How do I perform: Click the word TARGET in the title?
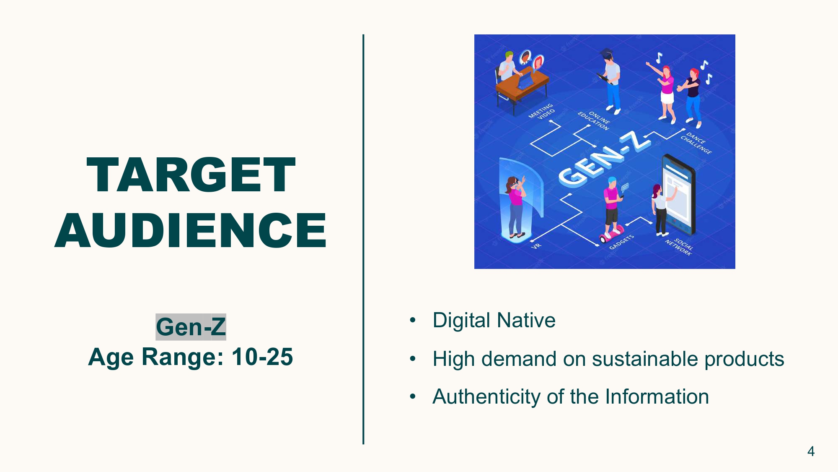(x=191, y=175)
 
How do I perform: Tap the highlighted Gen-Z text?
(x=191, y=327)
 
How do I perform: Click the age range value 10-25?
(x=262, y=357)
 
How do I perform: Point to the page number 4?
(x=811, y=451)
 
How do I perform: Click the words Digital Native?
(x=494, y=320)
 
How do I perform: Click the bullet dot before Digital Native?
(x=413, y=321)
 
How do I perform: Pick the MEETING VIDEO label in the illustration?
(x=541, y=112)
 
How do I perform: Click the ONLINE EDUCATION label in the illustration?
(x=594, y=120)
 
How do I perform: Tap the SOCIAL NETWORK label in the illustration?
(x=680, y=247)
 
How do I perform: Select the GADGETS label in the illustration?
(x=621, y=242)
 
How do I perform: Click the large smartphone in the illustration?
(x=679, y=195)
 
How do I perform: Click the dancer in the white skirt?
(x=663, y=92)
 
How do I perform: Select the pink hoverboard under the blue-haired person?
(x=612, y=233)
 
